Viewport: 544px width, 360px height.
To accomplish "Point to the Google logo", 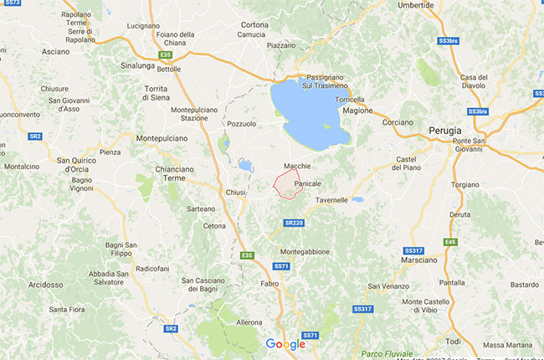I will (x=285, y=343).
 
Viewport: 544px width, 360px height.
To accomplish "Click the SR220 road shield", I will (x=293, y=223).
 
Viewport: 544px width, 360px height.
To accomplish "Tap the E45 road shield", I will (x=451, y=241).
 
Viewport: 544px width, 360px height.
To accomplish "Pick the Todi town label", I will (x=453, y=341).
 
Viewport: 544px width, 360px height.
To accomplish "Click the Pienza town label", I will (x=110, y=152).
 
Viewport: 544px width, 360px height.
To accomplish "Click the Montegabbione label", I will (x=305, y=251).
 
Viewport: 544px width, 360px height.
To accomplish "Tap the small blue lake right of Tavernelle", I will (x=357, y=200).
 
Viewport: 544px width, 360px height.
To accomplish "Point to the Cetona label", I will (x=214, y=226).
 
